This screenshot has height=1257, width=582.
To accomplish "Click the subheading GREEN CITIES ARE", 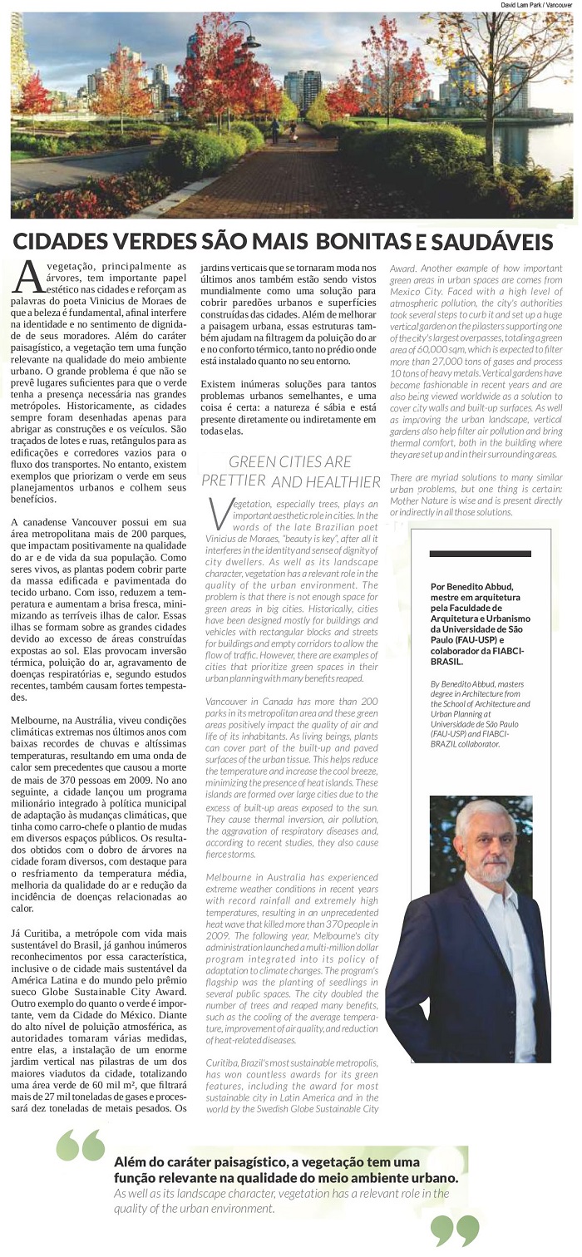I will click(290, 461).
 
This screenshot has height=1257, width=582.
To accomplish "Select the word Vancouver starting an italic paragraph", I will click(229, 702).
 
